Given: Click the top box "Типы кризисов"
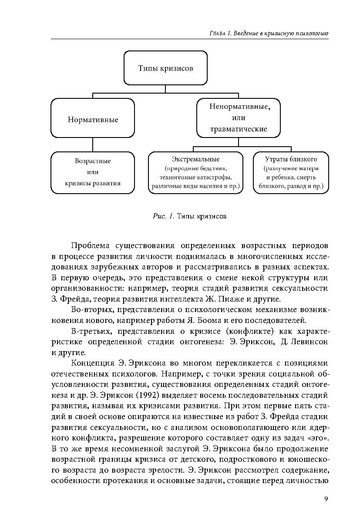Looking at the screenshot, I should (x=165, y=68).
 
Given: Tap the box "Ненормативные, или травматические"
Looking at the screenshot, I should (x=238, y=117).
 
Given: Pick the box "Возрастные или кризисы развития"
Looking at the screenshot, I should (x=93, y=172).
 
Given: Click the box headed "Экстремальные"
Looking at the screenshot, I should (x=195, y=173).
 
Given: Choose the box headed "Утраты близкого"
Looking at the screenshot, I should (x=291, y=173).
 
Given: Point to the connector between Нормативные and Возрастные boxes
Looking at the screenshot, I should (x=93, y=144).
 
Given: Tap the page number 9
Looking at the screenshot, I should (x=326, y=499).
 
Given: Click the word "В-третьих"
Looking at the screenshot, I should (x=89, y=331).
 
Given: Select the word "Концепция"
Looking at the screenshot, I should (x=93, y=363).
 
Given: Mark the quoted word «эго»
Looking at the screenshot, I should (x=318, y=438).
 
